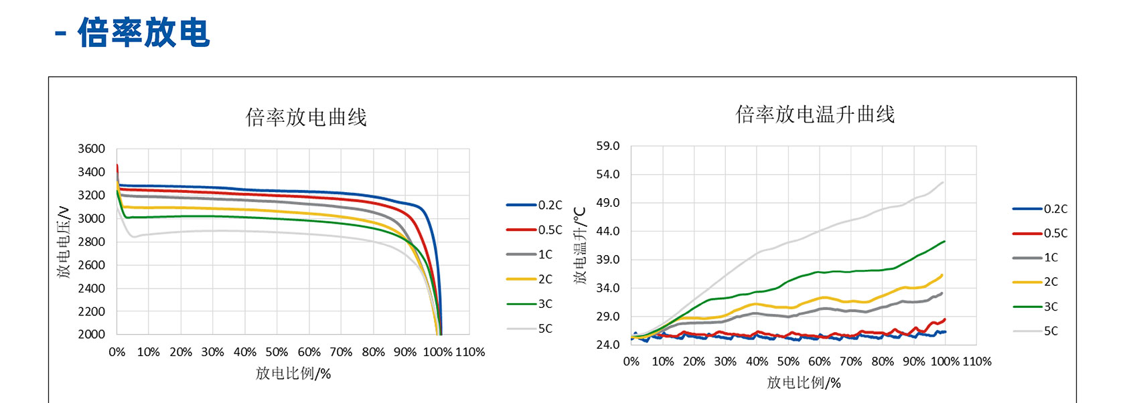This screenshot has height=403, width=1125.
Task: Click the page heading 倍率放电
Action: [143, 33]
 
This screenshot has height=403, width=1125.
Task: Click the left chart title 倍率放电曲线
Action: [306, 117]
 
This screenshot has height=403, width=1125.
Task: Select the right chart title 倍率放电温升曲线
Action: [815, 114]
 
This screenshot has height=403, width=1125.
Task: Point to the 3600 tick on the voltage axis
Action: [91, 149]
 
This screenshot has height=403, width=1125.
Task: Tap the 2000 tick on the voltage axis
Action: [91, 334]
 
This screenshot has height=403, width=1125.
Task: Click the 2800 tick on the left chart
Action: [91, 242]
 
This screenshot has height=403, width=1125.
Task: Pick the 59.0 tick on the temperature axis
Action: [607, 146]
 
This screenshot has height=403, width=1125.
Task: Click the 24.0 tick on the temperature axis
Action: [607, 345]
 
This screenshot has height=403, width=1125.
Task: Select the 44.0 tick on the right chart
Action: [607, 231]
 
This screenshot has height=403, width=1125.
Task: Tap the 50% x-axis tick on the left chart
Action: [277, 352]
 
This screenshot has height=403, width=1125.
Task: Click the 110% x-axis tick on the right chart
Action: [976, 361]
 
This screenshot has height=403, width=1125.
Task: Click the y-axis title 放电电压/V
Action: [64, 242]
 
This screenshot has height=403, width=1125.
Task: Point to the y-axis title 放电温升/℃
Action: [580, 246]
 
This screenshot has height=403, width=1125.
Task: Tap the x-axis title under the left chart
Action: [293, 374]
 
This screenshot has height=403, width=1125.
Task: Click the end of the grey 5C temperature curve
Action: [943, 182]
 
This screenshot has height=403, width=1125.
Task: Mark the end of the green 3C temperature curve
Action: [944, 242]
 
